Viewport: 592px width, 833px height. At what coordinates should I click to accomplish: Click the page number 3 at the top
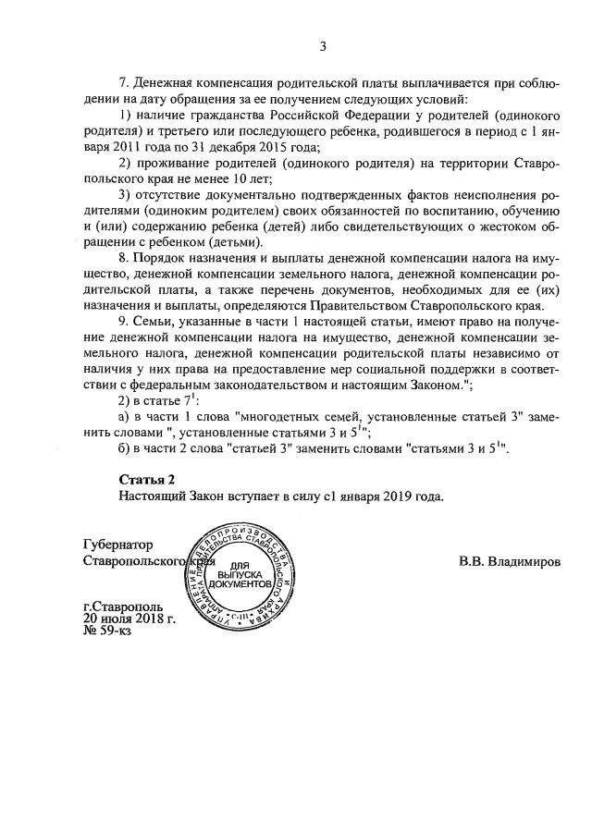pyautogui.click(x=323, y=46)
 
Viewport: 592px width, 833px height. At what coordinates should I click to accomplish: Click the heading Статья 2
pyautogui.click(x=146, y=479)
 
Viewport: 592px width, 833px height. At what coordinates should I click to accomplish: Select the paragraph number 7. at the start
pyautogui.click(x=126, y=85)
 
